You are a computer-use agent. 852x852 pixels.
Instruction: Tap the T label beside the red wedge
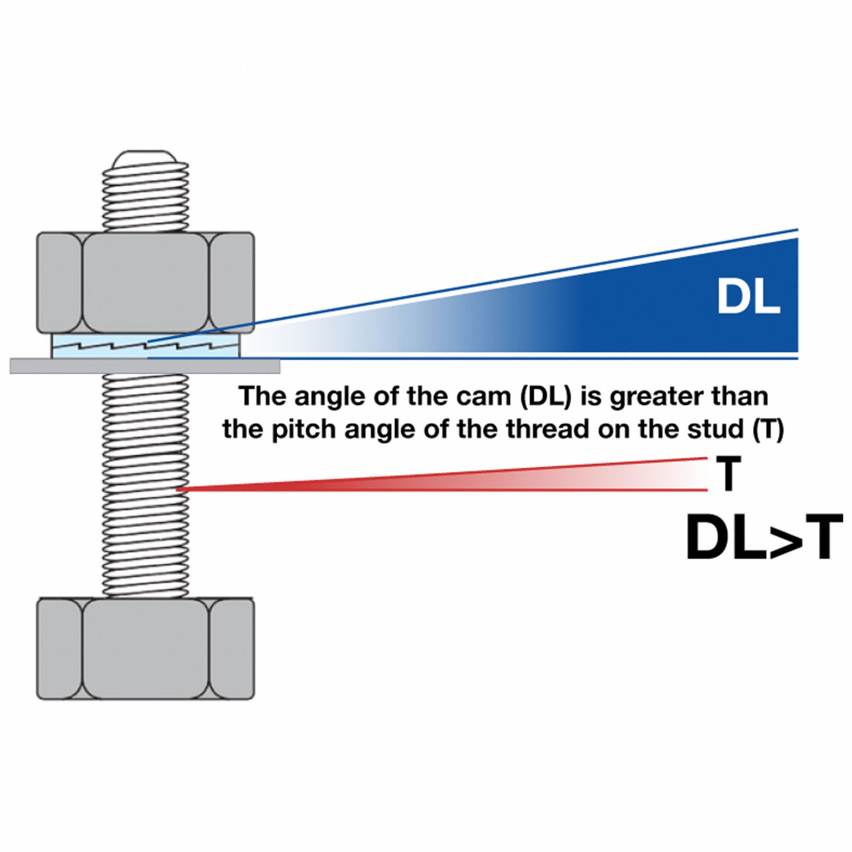coord(728,474)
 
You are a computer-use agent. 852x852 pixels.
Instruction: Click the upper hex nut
coord(146,282)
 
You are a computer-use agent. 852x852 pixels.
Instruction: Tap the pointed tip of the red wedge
coord(179,489)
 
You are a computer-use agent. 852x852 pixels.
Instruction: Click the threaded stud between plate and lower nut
coord(146,485)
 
